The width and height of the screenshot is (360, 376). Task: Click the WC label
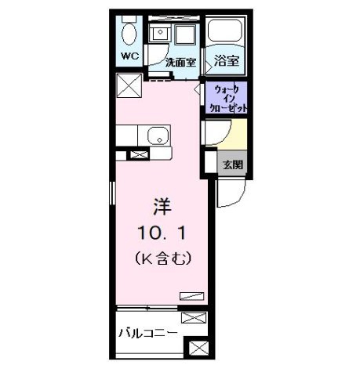pos(129,56)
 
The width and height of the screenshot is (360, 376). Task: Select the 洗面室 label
pos(181,62)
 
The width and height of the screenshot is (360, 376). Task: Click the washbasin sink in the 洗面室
pos(160,32)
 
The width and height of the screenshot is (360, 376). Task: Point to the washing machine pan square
pos(185,34)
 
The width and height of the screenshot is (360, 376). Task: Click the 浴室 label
pos(227,60)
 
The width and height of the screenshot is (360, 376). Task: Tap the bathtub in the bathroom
pos(225,30)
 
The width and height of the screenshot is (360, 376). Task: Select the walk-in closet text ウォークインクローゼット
pos(227,99)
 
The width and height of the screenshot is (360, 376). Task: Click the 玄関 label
pos(233,164)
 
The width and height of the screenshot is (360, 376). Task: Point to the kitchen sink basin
pos(158,136)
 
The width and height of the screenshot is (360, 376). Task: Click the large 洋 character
pos(162,207)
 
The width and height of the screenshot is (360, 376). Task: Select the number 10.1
pos(162,233)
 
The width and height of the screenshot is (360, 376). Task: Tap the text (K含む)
pos(163,258)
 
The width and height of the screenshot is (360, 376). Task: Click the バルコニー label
pos(148,333)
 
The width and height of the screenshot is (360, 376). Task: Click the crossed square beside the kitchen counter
pos(139,154)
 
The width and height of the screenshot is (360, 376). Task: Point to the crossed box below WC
pos(129,85)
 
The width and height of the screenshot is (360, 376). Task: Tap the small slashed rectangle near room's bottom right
pos(192,296)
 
